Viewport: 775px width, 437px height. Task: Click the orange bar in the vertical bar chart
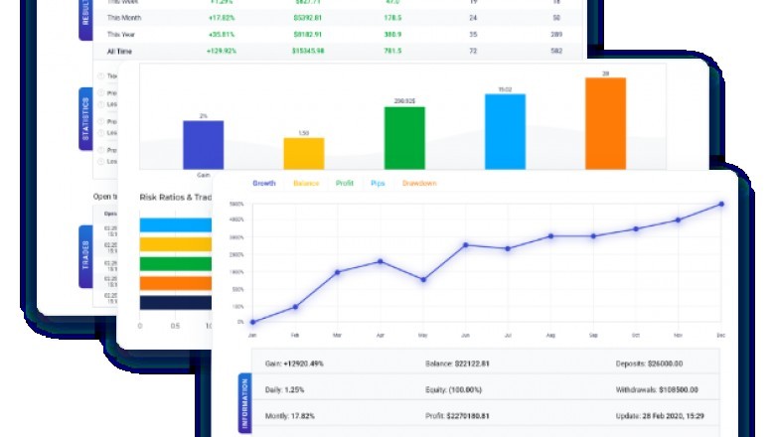605,123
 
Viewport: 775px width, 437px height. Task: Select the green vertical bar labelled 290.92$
404,138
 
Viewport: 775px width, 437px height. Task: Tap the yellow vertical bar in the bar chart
304,153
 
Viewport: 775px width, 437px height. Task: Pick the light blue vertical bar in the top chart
505,132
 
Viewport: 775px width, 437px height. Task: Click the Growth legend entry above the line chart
264,184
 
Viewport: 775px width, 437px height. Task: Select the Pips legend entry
378,184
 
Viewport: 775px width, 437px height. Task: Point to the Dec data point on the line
721,205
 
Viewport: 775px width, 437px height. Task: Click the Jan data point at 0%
252,322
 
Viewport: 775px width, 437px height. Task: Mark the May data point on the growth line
423,280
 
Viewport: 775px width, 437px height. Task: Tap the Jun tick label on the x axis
465,336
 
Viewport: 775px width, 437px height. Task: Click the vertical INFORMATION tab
245,402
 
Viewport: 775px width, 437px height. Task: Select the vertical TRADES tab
85,256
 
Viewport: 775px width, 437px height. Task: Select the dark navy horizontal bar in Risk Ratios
175,302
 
